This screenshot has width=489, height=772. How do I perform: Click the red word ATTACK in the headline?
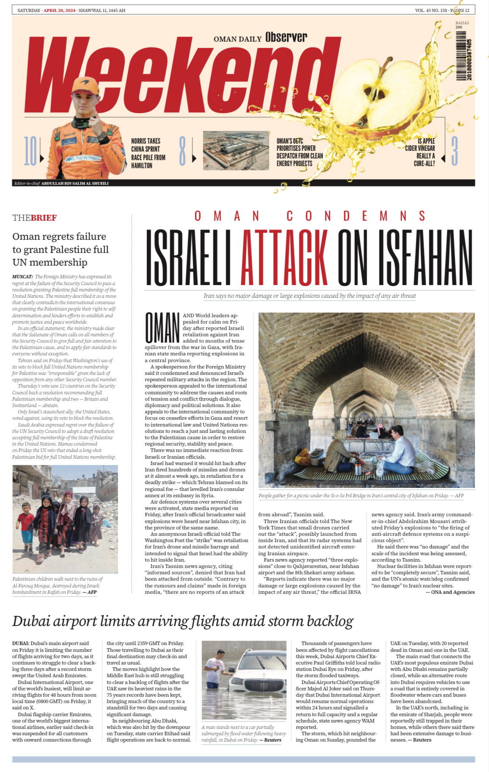point(284,257)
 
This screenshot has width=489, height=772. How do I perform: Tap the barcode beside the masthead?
point(464,57)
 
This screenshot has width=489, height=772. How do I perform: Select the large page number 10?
point(30,151)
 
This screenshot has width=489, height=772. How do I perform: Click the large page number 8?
point(182,151)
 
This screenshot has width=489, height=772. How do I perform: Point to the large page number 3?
point(454,151)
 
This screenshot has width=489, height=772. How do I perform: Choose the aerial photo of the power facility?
point(236,150)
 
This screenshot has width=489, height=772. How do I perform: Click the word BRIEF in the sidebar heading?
point(44,218)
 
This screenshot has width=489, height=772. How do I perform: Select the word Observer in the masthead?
point(286,37)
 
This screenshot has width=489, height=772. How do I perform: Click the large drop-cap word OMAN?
point(162,328)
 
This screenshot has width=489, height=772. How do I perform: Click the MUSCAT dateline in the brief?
point(22,277)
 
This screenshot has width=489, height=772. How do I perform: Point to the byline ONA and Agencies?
point(453,592)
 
